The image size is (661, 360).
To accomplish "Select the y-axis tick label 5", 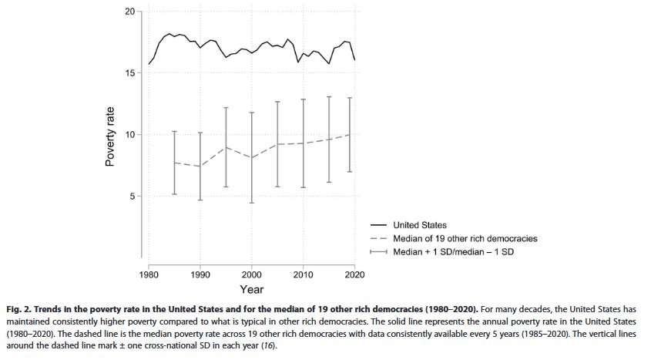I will [132, 197].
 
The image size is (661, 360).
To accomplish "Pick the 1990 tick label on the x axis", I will [200, 274].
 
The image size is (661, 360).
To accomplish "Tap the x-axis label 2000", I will [251, 274].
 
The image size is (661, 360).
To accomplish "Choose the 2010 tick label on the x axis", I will [303, 274].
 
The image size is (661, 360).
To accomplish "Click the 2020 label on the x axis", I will [354, 274].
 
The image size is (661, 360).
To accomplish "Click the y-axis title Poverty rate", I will [110, 136].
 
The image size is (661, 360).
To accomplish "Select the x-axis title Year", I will [251, 290].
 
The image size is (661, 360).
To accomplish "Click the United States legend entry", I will [420, 225].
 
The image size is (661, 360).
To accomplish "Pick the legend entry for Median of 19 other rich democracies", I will [465, 238].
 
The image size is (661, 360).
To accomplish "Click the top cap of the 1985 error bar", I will [175, 132].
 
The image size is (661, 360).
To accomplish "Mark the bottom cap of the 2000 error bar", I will [252, 203].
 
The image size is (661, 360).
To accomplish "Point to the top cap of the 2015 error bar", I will [329, 97].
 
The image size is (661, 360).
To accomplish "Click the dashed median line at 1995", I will [226, 146].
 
